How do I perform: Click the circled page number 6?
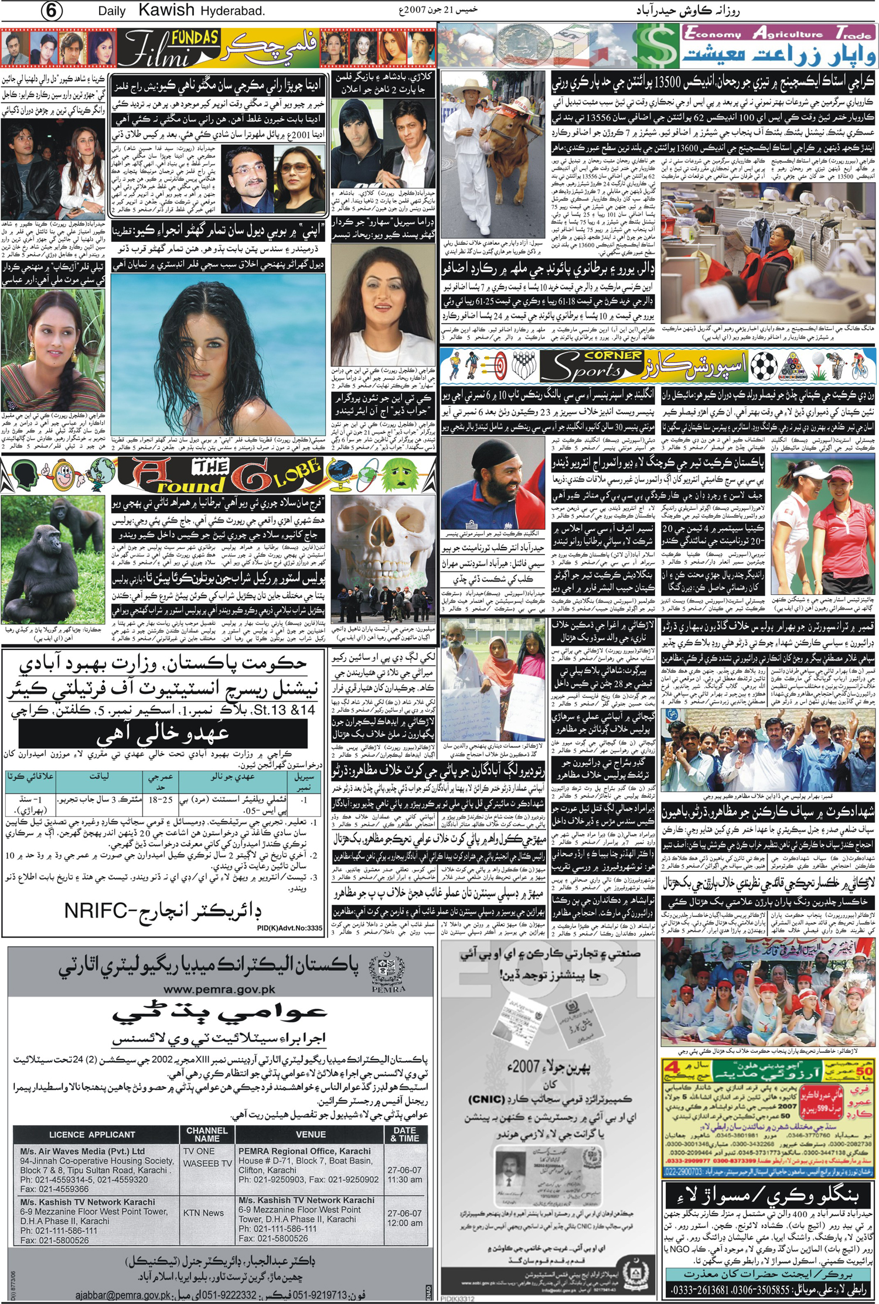click(52, 12)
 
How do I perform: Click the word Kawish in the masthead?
click(166, 11)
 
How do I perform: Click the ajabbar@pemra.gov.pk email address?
click(123, 1295)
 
